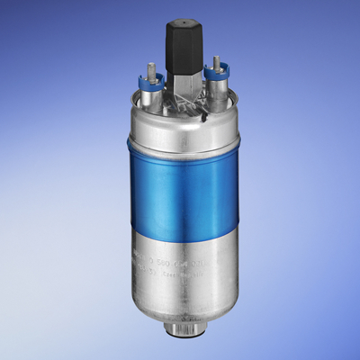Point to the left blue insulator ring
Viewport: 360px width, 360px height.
(x=149, y=80)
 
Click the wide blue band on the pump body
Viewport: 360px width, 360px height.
(x=184, y=184)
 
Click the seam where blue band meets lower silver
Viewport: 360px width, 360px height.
(x=184, y=229)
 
